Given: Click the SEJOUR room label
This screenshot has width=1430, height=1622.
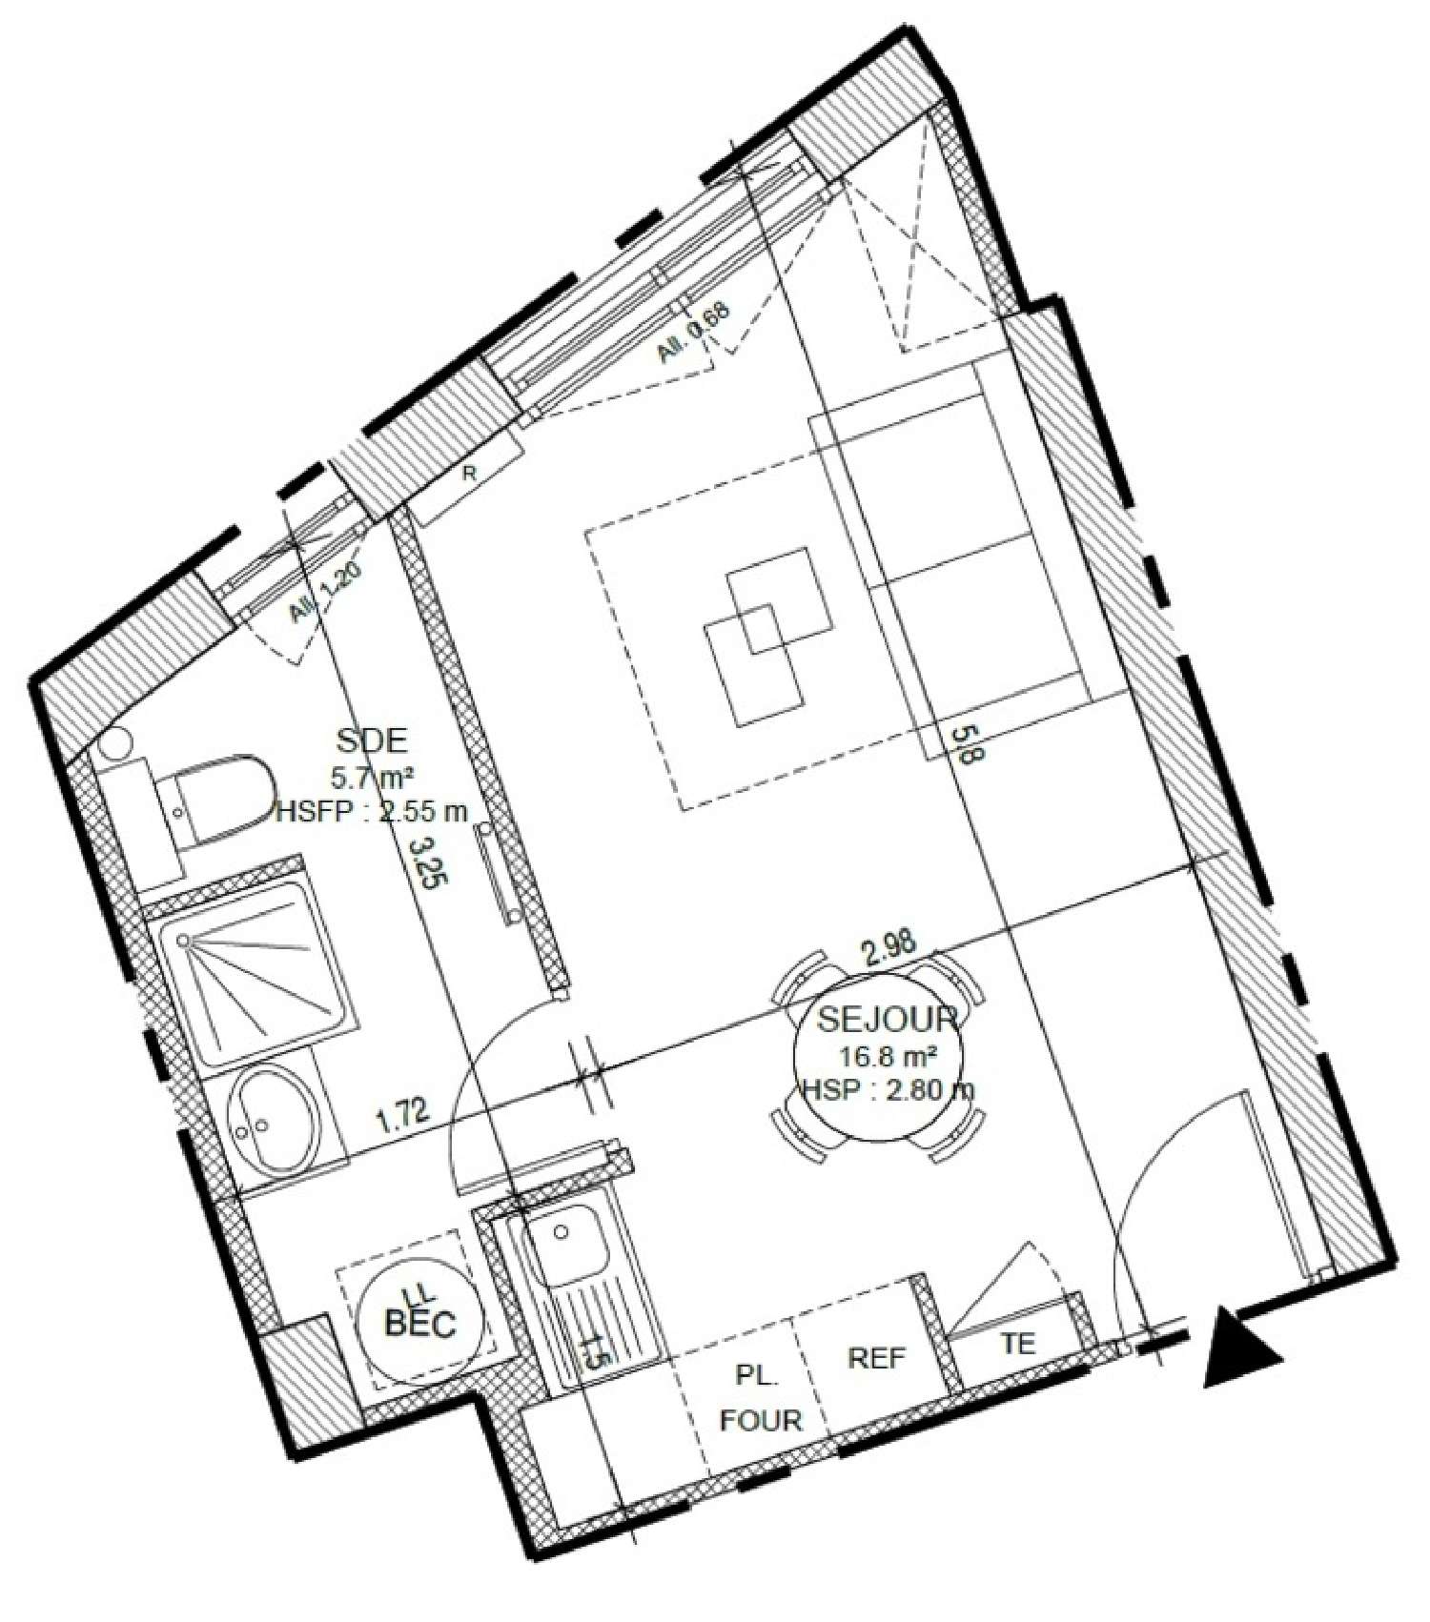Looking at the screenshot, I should [887, 1020].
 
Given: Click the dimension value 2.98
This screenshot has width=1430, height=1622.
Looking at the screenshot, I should [889, 943].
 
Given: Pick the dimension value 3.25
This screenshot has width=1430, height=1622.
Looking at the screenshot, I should [422, 862].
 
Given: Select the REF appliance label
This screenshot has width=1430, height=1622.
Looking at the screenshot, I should [876, 1357].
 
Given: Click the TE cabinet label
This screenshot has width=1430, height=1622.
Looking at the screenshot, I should [1017, 1344].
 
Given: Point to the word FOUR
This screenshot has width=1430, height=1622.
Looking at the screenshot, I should [762, 1420].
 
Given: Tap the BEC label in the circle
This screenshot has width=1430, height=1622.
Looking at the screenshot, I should [419, 1323].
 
